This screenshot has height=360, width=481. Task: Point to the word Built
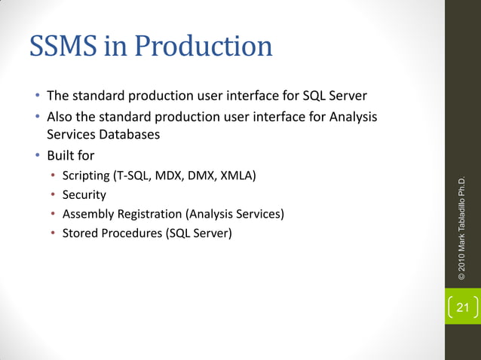61,157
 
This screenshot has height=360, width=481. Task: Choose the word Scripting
85,176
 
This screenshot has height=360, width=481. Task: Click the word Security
84,195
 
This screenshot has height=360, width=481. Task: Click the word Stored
80,233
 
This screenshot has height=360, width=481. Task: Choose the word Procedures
130,233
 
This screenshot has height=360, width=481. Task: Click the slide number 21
462,307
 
